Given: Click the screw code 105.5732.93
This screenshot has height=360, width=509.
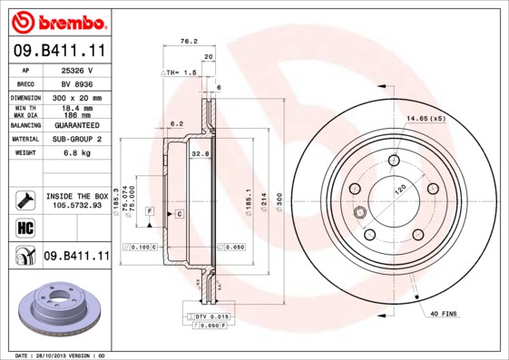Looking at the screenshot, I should (x=77, y=205).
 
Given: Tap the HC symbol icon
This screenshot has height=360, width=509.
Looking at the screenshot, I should (x=25, y=227).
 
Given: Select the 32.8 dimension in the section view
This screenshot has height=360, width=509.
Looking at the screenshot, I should (x=200, y=154).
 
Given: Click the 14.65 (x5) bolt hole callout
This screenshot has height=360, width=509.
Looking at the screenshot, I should (x=425, y=119).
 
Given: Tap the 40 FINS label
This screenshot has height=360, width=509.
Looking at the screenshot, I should (x=445, y=314).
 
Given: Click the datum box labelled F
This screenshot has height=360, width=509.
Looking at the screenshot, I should (x=149, y=211).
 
